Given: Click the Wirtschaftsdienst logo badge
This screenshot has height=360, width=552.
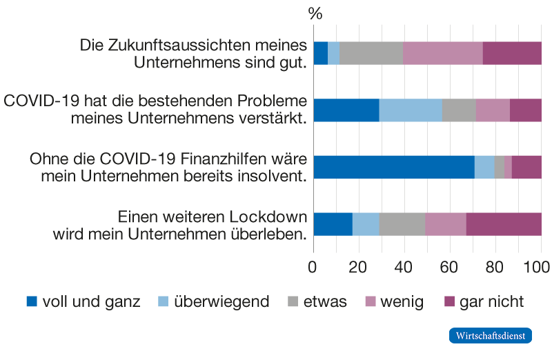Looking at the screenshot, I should [490, 336].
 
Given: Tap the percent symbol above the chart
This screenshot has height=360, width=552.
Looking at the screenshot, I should [315, 14].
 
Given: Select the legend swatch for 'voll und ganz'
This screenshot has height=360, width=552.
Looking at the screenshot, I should [31, 301].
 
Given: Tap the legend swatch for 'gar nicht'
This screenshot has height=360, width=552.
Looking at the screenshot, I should [449, 301].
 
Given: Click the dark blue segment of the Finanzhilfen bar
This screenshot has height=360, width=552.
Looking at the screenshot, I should [393, 167].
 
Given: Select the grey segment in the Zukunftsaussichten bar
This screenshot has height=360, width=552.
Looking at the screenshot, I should [371, 53].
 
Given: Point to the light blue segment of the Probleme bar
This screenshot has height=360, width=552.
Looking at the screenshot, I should [410, 110].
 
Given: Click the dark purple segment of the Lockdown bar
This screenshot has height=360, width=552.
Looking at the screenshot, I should [504, 224].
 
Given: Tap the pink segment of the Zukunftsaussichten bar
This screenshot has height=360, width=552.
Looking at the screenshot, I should [442, 53].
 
